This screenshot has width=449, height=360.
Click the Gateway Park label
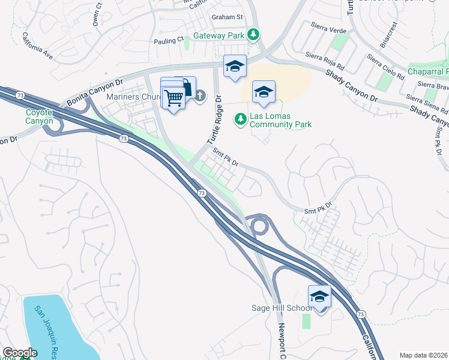[218, 35]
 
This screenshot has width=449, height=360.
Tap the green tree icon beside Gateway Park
[254, 35]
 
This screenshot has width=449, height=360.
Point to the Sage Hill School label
[280, 308]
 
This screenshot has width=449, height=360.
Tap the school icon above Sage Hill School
[319, 296]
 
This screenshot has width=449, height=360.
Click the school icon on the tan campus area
[264, 92]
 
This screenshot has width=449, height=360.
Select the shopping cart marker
[174, 98]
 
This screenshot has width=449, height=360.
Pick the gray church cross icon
[200, 95]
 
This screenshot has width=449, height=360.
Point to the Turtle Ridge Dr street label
[215, 121]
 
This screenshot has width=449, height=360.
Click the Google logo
[20, 353]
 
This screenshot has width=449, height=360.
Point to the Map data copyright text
[422, 355]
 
